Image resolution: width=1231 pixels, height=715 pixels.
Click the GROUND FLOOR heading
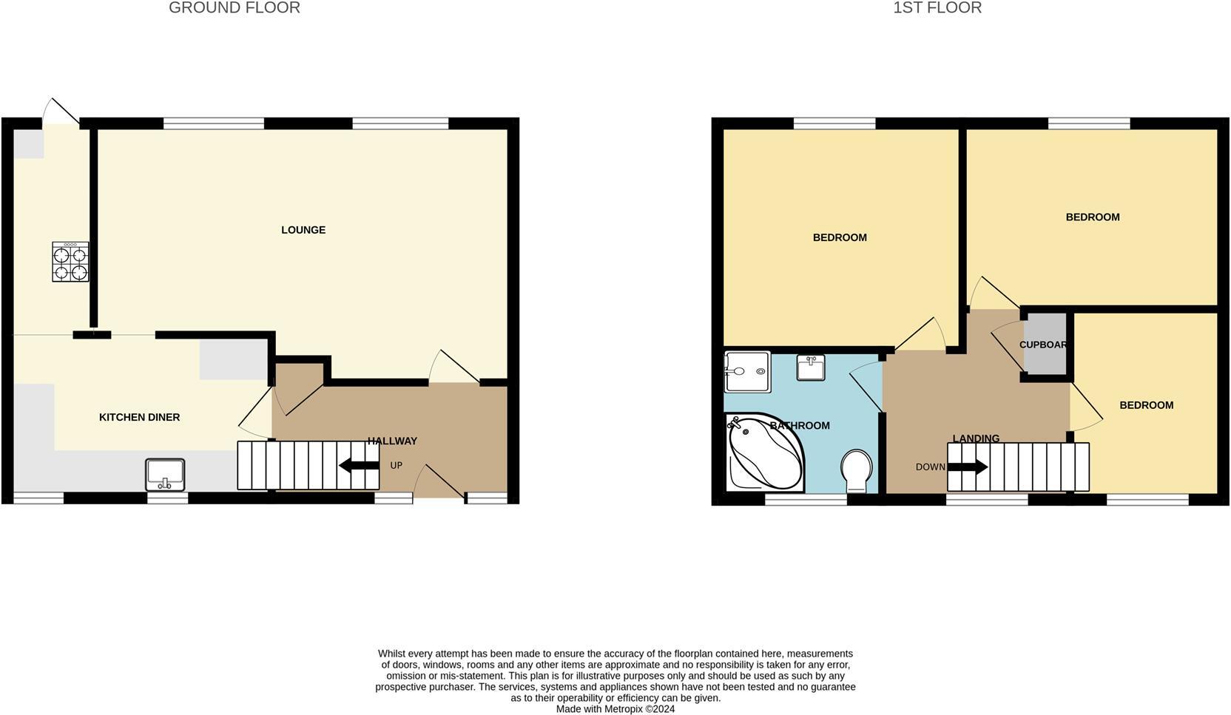coord(235,8)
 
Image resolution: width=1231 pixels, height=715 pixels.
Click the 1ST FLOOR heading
coord(937,8)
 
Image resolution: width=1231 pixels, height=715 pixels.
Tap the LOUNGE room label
coord(303,230)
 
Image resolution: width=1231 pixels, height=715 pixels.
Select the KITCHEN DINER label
coord(140,417)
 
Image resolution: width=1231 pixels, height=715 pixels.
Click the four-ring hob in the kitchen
coord(70,262)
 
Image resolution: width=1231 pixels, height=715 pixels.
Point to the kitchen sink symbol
coord(165,474)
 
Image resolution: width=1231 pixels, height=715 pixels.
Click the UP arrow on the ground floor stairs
coord(359,466)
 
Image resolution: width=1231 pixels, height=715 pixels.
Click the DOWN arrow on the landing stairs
coord(968,467)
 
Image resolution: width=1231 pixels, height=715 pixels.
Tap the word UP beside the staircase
coord(397,466)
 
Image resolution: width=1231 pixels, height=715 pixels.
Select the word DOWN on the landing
coord(930,467)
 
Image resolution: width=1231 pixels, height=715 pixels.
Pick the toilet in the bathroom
coord(857,470)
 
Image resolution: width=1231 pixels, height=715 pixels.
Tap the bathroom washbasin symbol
coord(811,367)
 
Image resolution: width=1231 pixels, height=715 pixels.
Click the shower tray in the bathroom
coord(747,371)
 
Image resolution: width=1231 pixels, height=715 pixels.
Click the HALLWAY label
coord(393,441)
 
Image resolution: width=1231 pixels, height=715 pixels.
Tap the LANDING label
coord(976,438)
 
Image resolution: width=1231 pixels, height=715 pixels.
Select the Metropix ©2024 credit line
coord(615,709)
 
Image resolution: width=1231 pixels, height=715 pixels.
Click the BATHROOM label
coord(800,426)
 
